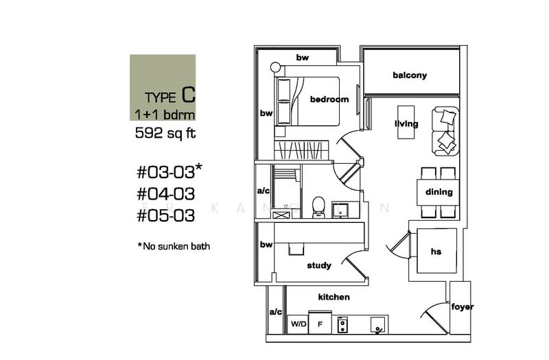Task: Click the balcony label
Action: click(410, 75)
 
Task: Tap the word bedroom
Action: click(329, 99)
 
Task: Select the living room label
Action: click(406, 124)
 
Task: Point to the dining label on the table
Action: click(439, 192)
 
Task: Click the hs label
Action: click(436, 252)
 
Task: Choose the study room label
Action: click(319, 265)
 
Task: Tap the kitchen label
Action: click(334, 297)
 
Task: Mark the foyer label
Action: click(461, 307)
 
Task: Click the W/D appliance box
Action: click(298, 323)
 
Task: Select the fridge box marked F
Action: click(320, 323)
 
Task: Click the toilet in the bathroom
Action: click(318, 206)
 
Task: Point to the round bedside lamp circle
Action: click(276, 67)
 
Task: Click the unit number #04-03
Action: click(166, 194)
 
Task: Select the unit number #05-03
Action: click(166, 216)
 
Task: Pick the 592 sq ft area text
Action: click(165, 134)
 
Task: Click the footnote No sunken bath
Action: click(173, 245)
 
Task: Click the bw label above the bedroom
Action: click(303, 58)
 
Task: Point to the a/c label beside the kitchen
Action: click(275, 311)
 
